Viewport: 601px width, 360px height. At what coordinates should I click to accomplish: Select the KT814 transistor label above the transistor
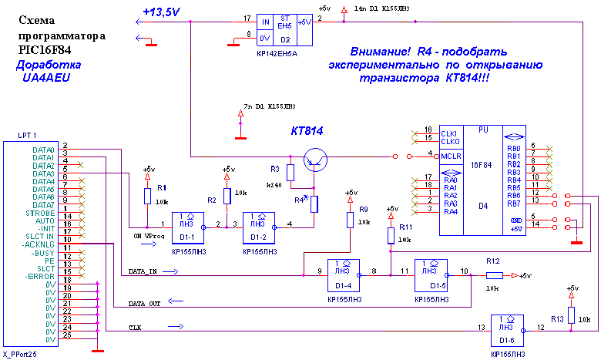click(x=306, y=132)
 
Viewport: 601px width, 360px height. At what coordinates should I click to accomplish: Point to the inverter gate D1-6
click(x=506, y=328)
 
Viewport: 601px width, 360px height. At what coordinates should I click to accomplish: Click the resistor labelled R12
click(x=494, y=275)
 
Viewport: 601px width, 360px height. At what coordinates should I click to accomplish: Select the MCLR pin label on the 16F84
click(x=452, y=156)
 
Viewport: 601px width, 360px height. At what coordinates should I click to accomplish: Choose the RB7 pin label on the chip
click(x=514, y=204)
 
